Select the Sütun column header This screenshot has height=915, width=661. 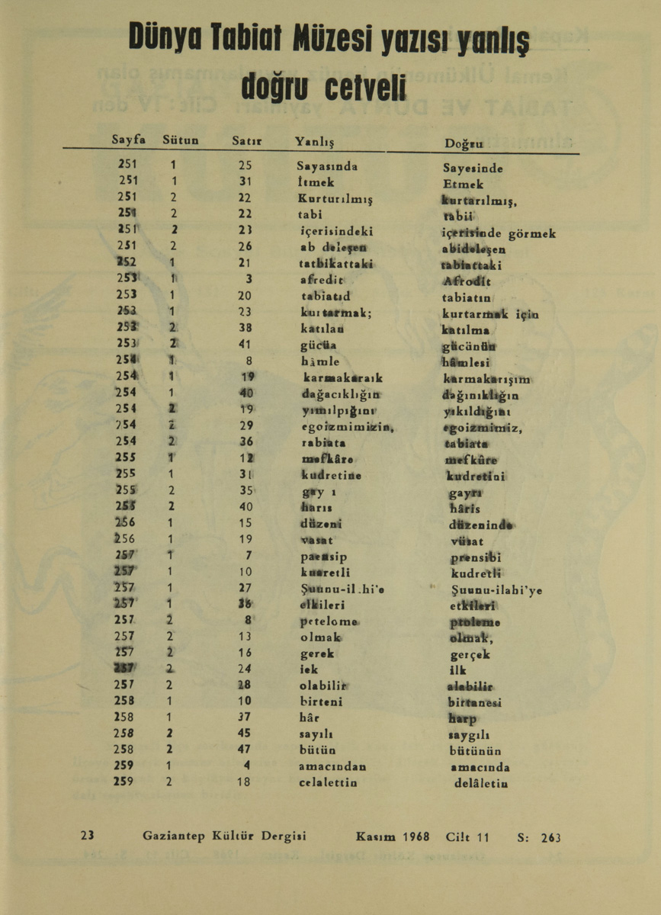(181, 140)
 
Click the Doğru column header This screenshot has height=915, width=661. (464, 143)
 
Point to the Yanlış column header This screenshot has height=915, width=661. (315, 141)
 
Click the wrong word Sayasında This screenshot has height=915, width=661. (327, 165)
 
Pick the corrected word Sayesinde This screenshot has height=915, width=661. (473, 168)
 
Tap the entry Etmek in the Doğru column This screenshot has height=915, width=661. (463, 184)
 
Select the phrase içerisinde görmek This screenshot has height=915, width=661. (499, 233)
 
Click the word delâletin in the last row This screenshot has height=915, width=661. (481, 783)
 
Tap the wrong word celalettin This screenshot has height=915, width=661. (328, 782)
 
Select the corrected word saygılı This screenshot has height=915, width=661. (467, 735)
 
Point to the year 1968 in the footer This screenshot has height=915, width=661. (416, 836)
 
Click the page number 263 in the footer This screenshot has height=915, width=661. (550, 837)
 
